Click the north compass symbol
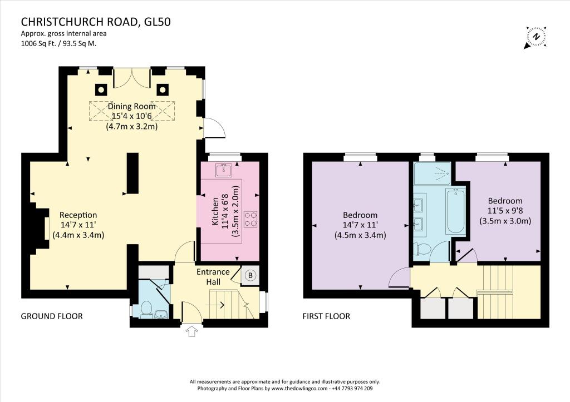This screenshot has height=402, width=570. [x=535, y=37]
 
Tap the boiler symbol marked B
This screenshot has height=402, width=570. [x=250, y=276]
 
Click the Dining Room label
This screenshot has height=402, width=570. [x=131, y=106]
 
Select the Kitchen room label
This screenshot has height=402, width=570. [x=215, y=211]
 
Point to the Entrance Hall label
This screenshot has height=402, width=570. [x=213, y=277]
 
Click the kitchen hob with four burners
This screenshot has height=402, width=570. [x=250, y=219]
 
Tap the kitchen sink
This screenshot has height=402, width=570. [x=224, y=170]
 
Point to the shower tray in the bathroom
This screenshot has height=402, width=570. [x=432, y=173]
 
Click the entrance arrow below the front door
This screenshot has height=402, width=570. [x=191, y=331]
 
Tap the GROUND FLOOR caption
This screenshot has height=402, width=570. [x=52, y=316]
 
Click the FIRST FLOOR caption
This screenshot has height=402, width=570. [x=326, y=316]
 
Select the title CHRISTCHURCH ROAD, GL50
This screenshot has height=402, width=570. [x=96, y=22]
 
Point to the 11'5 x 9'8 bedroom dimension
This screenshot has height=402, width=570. [x=505, y=211]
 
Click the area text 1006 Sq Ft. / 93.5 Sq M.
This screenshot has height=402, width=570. [x=58, y=43]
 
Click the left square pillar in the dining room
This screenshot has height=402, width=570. [x=101, y=89]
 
